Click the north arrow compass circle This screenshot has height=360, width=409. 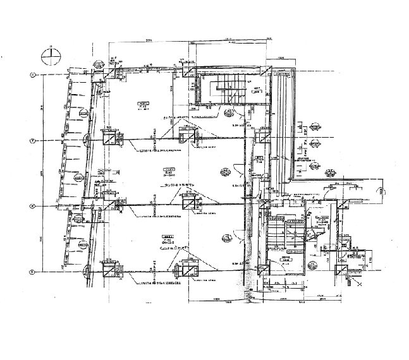(51, 57)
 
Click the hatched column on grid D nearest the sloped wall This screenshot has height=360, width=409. (109, 271)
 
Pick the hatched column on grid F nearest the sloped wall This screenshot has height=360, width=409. (109, 140)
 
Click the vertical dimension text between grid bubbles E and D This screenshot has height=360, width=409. (42, 239)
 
